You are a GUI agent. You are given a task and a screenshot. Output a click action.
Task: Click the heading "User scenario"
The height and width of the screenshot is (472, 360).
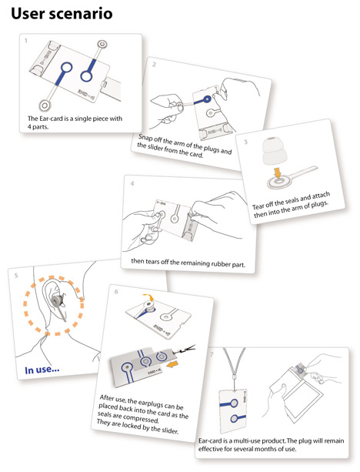62,14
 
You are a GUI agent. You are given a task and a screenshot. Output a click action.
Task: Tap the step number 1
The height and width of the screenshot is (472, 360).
26,40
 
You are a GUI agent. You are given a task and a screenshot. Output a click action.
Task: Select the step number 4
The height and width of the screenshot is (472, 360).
132,183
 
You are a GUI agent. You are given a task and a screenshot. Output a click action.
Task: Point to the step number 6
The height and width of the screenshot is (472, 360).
116,292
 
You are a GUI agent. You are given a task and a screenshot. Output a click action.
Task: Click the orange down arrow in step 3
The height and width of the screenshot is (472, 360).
277,172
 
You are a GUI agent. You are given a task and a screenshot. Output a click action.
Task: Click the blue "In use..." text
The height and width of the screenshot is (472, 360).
42,370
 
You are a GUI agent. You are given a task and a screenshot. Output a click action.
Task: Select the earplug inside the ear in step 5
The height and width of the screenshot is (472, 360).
57,300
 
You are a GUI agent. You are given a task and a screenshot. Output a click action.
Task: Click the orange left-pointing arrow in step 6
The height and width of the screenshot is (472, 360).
172,364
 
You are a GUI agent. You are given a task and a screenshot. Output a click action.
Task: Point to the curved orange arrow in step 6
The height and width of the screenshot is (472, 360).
148,297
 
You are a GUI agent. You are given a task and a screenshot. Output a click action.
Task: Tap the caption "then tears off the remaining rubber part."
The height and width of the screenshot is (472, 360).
188,263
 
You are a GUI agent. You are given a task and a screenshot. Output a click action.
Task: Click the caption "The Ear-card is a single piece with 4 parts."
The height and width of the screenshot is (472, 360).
75,122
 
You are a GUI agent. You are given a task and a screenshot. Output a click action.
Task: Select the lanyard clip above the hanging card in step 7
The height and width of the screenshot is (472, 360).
233,377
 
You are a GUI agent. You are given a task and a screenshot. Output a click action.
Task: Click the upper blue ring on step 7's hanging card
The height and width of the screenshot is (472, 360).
233,403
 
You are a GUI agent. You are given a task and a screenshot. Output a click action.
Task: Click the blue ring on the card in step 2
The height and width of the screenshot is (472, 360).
207,99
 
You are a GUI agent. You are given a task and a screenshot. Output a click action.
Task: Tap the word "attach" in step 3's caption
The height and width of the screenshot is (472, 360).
321,196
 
